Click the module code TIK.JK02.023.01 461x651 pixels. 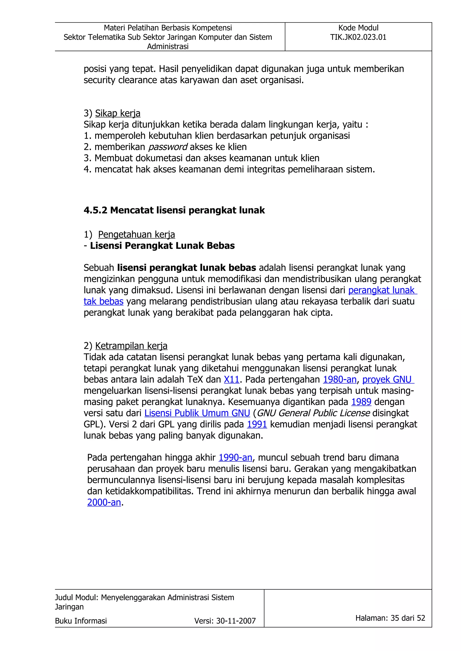click(358, 37)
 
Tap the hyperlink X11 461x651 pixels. click(231, 379)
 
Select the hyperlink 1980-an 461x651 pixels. click(339, 379)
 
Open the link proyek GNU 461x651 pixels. click(387, 379)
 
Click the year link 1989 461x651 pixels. click(361, 402)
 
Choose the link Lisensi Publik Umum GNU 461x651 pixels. click(197, 413)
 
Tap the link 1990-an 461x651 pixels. click(235, 457)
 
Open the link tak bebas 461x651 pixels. click(103, 301)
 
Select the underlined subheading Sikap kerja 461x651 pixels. click(118, 113)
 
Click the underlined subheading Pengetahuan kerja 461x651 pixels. click(136, 235)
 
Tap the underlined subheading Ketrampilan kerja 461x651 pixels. click(131, 346)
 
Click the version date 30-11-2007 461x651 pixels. click(236, 621)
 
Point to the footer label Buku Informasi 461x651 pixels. click(81, 621)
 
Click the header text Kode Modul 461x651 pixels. click(358, 28)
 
